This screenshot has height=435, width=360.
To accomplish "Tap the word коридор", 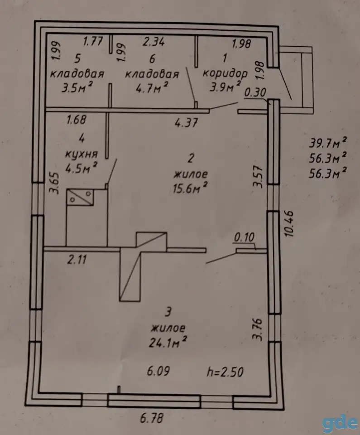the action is click(225, 73).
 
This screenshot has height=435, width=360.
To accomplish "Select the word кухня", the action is click(82, 154).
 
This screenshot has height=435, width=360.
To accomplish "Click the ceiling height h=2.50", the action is click(225, 372).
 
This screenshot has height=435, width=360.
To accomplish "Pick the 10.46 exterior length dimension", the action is click(289, 223).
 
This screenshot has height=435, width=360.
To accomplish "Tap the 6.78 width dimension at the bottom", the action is click(152, 418).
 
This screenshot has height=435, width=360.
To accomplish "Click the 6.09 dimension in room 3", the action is click(158, 371).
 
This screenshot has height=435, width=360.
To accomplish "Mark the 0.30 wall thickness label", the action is click(255, 92).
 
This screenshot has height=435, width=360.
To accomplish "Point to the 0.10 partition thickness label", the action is click(245, 237).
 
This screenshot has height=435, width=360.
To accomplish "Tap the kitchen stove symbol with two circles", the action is click(80, 197).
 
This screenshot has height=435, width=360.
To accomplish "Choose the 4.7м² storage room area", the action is click(152, 87).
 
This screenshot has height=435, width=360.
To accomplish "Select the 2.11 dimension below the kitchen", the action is click(77, 260).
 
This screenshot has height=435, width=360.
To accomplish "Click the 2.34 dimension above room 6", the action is click(154, 42).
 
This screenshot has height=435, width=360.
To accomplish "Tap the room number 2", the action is click(191, 158).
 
